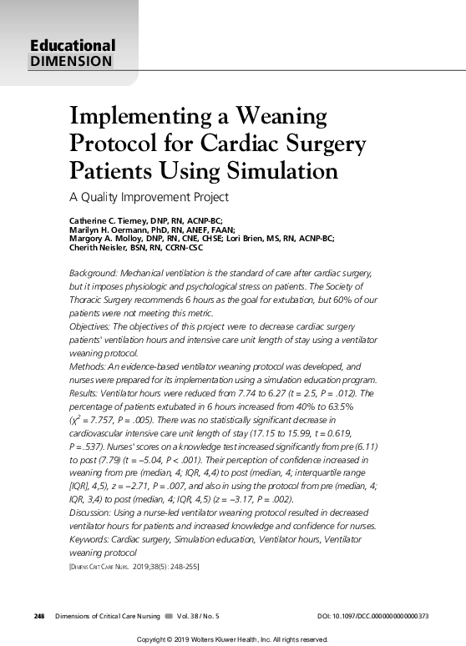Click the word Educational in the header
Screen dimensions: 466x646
(x=73, y=46)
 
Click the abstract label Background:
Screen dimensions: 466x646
(x=93, y=273)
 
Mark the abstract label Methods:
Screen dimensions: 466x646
(x=86, y=366)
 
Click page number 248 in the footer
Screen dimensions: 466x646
(x=39, y=615)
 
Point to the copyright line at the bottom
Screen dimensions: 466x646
(x=232, y=638)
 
